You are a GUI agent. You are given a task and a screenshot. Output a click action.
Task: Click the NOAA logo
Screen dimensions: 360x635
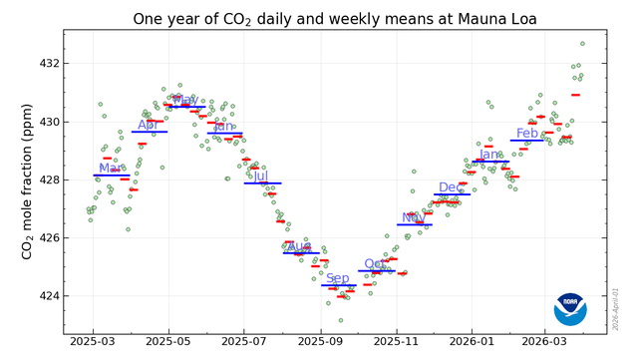coord(570,309)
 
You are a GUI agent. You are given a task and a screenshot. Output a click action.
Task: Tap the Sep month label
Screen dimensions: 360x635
coord(338,278)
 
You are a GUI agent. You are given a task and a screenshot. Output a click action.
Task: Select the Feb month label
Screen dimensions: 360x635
coord(527,134)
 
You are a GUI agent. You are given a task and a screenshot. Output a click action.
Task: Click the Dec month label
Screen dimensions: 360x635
coord(452,187)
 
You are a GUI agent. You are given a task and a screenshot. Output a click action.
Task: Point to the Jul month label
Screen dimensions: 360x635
coord(261,177)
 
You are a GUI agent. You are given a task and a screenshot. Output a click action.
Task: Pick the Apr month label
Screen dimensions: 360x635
coord(148,125)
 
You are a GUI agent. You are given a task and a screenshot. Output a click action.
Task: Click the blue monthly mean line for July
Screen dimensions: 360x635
coord(262,183)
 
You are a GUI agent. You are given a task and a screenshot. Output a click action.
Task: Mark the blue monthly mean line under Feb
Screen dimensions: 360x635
coord(527,141)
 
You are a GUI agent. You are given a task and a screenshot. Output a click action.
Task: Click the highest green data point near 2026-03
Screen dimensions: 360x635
coord(582,44)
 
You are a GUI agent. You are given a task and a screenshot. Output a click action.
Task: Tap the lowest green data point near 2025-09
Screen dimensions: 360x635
coord(340,320)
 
